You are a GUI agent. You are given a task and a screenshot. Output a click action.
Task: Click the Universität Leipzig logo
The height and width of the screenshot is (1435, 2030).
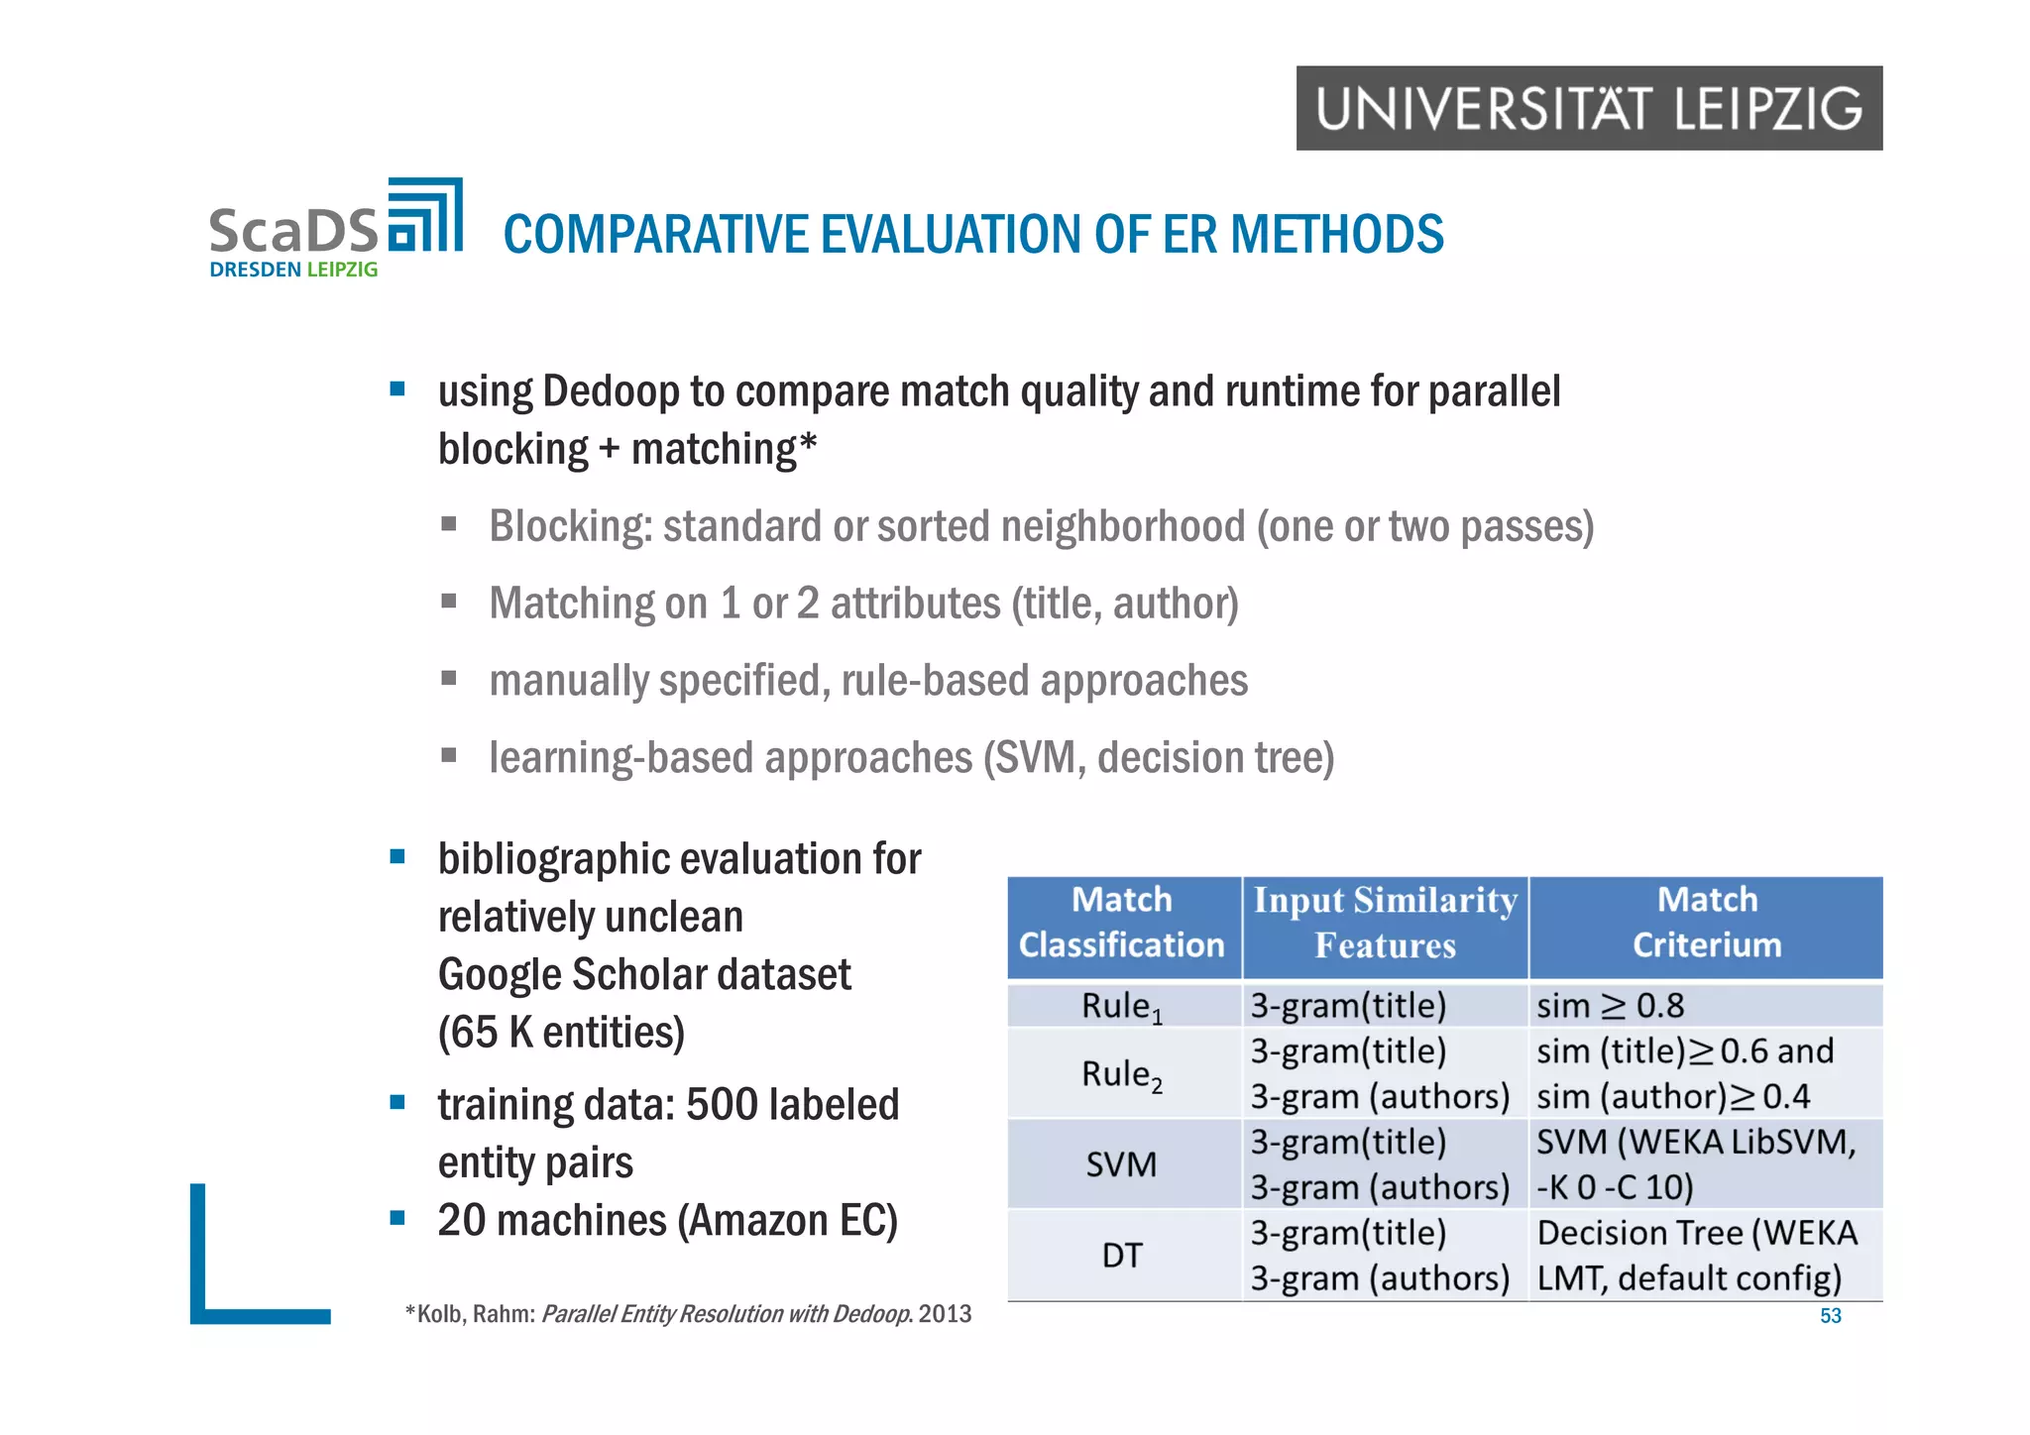click(1589, 109)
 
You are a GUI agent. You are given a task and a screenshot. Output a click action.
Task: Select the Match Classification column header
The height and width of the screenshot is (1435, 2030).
click(1122, 923)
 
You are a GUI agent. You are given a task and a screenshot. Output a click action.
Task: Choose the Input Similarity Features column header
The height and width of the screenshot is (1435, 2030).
click(1385, 923)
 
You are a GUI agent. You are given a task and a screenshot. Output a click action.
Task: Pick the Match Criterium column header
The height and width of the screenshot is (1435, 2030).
click(1706, 923)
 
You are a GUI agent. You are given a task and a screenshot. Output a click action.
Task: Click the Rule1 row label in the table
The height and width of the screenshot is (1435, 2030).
click(1121, 1007)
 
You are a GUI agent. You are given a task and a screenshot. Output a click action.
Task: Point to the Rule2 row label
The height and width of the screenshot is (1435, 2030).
click(1121, 1074)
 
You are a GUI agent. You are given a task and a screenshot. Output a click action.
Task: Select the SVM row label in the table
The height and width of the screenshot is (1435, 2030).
click(1121, 1164)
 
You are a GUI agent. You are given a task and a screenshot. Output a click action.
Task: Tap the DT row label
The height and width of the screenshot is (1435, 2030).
click(1121, 1256)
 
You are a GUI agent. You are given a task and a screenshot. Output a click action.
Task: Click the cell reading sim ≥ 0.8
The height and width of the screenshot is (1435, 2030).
click(1610, 1006)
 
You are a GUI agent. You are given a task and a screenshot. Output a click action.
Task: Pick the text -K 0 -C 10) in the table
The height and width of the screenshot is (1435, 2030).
click(1615, 1187)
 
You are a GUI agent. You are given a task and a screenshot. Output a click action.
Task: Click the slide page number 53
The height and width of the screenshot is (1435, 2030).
click(1830, 1316)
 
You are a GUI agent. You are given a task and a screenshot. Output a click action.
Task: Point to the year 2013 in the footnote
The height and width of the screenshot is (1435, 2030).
click(945, 1314)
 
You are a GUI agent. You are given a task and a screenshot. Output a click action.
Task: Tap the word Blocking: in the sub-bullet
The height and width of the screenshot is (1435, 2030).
click(570, 526)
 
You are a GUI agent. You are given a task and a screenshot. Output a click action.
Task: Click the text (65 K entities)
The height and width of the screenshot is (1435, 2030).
click(561, 1033)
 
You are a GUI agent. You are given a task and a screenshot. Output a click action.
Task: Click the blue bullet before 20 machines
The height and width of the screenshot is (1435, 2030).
click(397, 1218)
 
